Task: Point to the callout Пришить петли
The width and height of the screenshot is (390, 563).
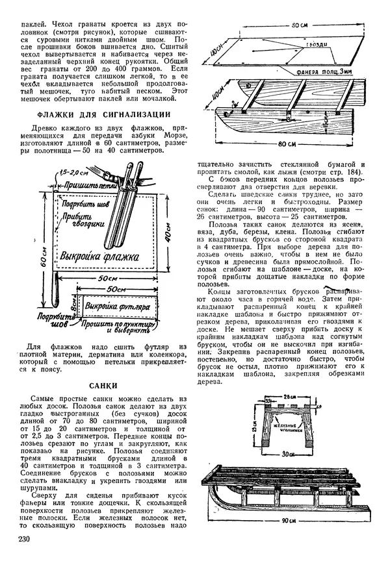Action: tap(94, 185)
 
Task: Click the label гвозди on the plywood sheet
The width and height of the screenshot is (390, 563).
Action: tap(321, 44)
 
